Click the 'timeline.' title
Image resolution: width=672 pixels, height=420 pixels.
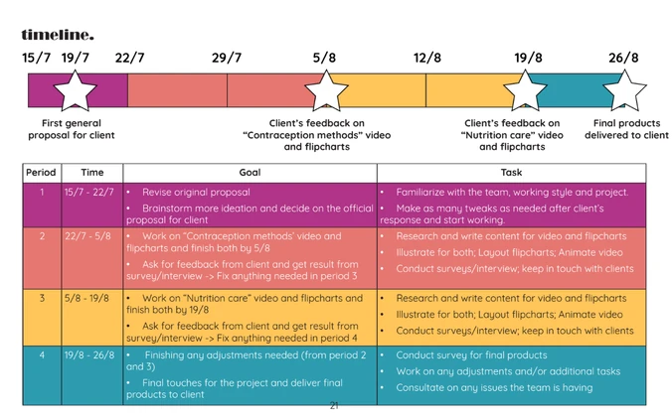[58, 35]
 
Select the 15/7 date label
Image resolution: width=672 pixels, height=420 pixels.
[37, 58]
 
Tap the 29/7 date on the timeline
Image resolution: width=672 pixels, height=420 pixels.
[227, 58]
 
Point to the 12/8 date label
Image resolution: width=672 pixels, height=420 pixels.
[426, 58]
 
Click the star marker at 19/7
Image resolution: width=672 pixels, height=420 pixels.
[75, 91]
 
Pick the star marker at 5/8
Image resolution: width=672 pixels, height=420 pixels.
[325, 91]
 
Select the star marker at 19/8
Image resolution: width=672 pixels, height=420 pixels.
[528, 91]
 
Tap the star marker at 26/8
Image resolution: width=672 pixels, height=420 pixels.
[624, 91]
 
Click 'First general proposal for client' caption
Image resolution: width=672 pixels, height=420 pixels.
[72, 129]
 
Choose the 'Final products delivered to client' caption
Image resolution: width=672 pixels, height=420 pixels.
[626, 129]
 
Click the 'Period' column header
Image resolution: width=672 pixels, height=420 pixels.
[41, 173]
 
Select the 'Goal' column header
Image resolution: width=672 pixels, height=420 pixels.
[250, 173]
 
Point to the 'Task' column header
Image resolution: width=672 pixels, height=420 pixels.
[511, 173]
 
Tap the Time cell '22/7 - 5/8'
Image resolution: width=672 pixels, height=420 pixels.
[89, 236]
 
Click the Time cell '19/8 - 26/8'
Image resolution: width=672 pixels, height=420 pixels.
[89, 354]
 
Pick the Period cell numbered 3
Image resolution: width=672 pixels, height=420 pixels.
[41, 298]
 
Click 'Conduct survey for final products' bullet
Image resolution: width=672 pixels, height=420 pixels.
[471, 354]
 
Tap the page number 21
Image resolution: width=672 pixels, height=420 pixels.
[334, 405]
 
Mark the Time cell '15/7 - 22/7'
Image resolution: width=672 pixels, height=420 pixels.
[89, 192]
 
